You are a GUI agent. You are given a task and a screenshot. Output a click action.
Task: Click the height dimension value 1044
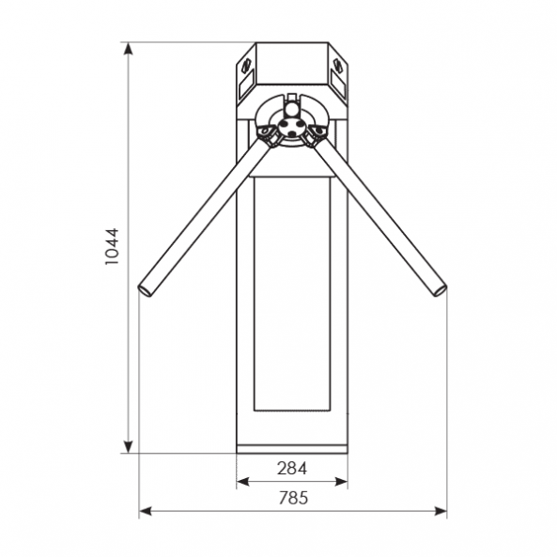click(112, 246)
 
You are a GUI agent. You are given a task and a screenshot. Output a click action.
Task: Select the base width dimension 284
click(291, 468)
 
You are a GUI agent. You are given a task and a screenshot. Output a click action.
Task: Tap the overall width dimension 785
click(293, 498)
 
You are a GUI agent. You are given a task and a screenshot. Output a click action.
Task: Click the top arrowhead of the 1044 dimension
click(129, 49)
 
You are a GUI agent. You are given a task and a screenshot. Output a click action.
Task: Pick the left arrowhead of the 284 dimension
click(242, 482)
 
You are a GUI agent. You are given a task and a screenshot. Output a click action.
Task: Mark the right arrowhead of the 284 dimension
click(341, 482)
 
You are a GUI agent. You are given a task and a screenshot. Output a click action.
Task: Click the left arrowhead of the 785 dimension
click(145, 511)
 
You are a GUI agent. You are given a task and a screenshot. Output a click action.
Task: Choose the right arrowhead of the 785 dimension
click(441, 511)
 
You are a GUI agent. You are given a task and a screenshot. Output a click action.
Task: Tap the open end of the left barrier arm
click(145, 290)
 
